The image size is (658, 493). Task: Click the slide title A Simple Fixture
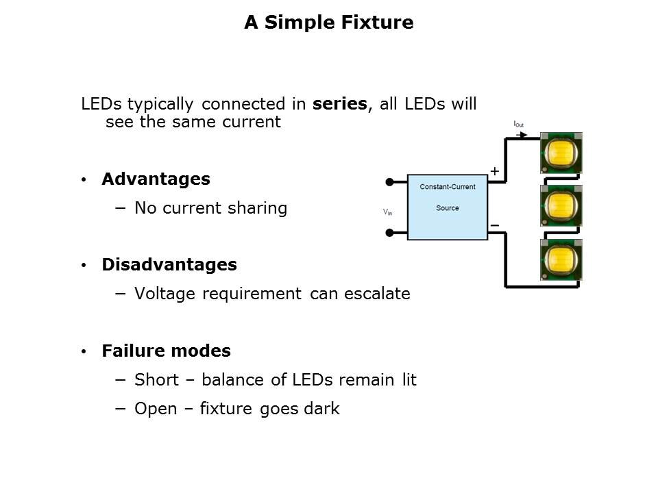point(328,23)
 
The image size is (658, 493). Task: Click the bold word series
point(341,105)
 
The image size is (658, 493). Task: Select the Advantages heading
point(156,179)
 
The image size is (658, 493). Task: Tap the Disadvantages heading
point(169,265)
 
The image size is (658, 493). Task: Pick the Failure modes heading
point(166,351)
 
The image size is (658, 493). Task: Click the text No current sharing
point(210,208)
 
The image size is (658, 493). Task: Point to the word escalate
point(378,294)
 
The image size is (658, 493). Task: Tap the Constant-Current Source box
point(447,207)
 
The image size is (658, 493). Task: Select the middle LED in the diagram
point(561,205)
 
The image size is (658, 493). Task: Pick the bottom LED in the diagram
point(561,260)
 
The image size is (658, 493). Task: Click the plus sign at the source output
point(495,171)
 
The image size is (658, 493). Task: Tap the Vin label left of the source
point(388,212)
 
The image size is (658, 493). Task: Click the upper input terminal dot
point(389,182)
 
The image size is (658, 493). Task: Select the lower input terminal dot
point(389,233)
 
